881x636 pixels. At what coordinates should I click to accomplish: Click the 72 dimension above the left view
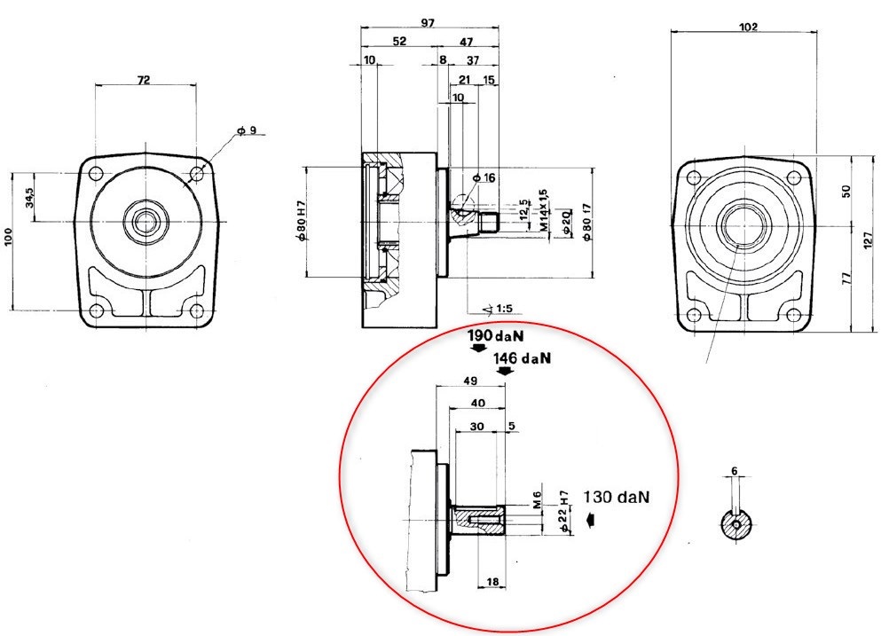point(144,80)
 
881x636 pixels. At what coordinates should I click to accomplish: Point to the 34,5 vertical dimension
point(30,197)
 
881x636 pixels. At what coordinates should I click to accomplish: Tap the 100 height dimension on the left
point(10,237)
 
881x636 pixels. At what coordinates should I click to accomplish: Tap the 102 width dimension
point(748,27)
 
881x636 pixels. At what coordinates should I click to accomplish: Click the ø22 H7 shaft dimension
point(563,512)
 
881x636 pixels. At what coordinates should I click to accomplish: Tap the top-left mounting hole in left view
point(97,173)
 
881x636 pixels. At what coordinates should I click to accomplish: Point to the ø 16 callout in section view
point(484,178)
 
